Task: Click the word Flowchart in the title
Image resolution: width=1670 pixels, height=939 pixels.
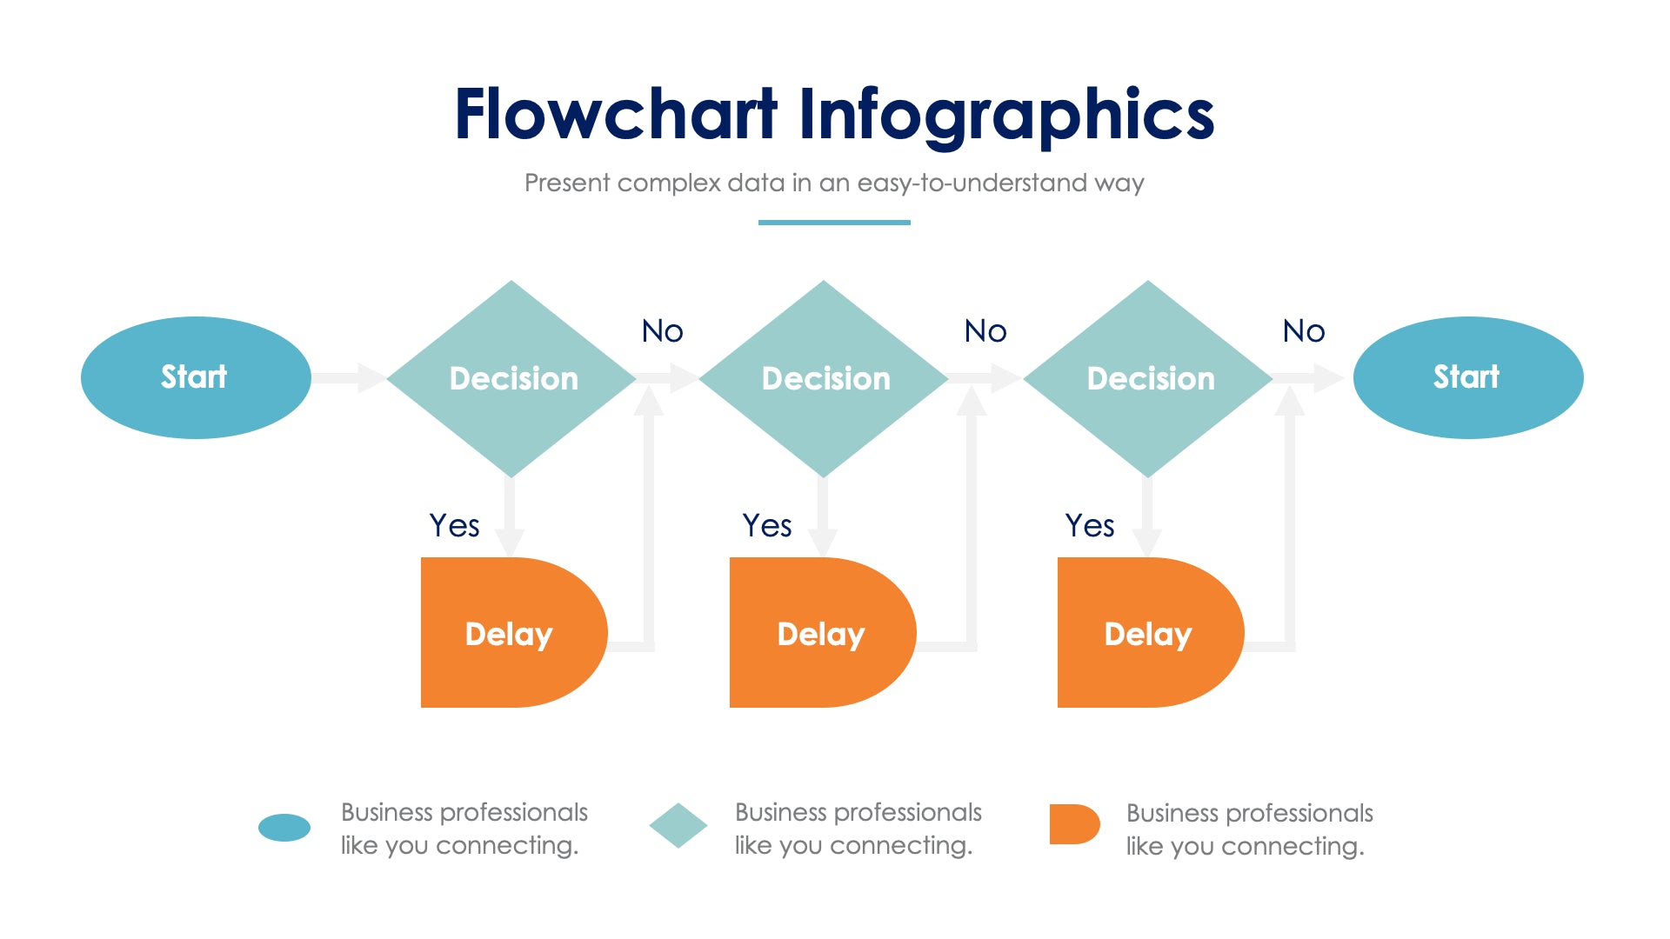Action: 615,115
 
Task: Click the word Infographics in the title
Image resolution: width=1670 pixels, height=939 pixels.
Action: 1005,115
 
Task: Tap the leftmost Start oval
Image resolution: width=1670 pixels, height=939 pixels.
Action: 196,377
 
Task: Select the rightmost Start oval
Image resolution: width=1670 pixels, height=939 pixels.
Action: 1468,377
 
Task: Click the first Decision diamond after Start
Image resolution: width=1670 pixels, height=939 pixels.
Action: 512,378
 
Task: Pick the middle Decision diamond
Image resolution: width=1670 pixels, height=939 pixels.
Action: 824,378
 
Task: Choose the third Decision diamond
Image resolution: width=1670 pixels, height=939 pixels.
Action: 1149,378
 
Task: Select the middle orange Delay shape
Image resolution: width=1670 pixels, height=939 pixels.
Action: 821,633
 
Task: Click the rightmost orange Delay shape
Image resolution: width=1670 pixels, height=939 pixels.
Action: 1149,633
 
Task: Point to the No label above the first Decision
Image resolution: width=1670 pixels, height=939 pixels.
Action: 662,331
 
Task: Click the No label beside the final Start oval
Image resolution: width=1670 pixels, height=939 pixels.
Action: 1303,331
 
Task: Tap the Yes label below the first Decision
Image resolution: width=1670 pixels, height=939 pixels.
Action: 454,526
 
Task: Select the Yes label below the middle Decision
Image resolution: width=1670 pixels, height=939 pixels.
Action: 766,526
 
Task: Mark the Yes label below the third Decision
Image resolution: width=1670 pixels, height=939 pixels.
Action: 1089,526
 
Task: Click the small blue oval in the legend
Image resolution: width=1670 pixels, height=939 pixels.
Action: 284,828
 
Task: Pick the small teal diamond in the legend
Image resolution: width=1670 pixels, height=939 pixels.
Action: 678,826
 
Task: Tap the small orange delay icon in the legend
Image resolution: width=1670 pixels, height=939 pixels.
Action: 1074,824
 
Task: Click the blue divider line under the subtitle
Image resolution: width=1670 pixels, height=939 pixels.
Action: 834,223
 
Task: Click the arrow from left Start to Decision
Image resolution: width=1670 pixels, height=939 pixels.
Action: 349,378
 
